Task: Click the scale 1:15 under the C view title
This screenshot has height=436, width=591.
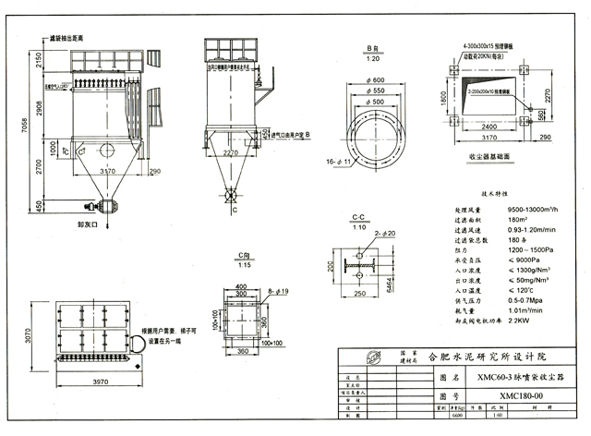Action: [x=244, y=266]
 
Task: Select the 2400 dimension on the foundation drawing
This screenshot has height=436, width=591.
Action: [x=496, y=126]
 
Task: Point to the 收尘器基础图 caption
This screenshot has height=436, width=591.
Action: [x=489, y=157]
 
